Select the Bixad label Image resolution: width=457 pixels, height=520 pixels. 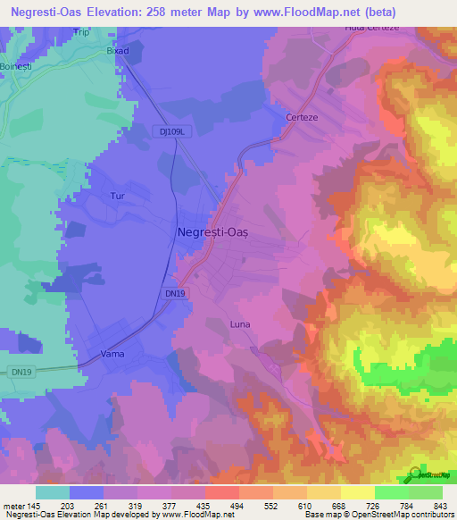[118, 51]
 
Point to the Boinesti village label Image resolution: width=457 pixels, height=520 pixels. [16, 65]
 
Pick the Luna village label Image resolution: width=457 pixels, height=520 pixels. [240, 324]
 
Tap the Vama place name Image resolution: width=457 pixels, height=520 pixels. [112, 355]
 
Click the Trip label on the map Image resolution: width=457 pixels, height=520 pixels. [81, 32]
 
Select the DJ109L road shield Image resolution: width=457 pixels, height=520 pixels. [179, 131]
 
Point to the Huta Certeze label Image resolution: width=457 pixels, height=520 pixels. [369, 29]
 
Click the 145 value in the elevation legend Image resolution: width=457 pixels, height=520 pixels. [34, 505]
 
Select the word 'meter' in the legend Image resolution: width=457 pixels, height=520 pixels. [12, 505]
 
